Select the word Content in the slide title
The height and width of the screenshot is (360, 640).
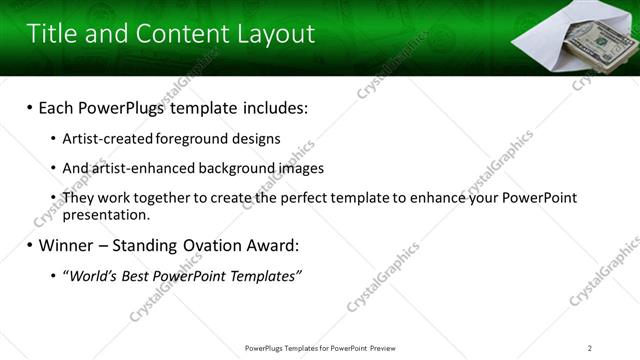(176, 34)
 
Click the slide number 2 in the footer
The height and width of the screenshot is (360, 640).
(590, 348)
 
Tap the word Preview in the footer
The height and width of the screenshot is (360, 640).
(385, 348)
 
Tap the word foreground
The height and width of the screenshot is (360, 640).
(183, 138)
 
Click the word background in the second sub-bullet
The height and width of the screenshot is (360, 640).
(231, 168)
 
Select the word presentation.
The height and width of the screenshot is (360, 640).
(105, 214)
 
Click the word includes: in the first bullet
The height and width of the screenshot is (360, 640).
(270, 107)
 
